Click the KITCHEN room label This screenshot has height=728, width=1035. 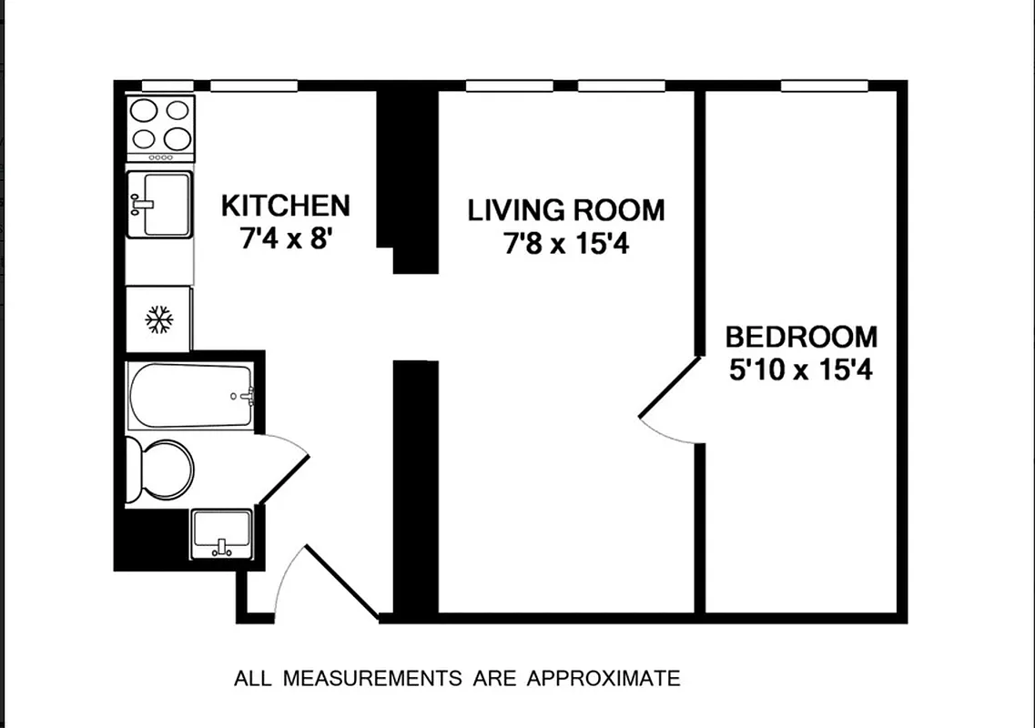[285, 205]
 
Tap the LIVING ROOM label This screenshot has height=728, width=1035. [566, 210]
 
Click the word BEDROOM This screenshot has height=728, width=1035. [801, 338]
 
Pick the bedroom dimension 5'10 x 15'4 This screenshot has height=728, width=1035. [801, 371]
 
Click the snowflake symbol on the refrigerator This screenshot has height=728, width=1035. [159, 319]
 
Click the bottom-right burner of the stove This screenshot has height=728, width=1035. [178, 138]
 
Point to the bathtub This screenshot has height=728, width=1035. [190, 396]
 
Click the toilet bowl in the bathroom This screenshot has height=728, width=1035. [168, 470]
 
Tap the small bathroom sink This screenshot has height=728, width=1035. [220, 531]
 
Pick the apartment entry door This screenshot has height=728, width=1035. [341, 582]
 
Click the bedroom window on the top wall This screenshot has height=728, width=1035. [824, 86]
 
